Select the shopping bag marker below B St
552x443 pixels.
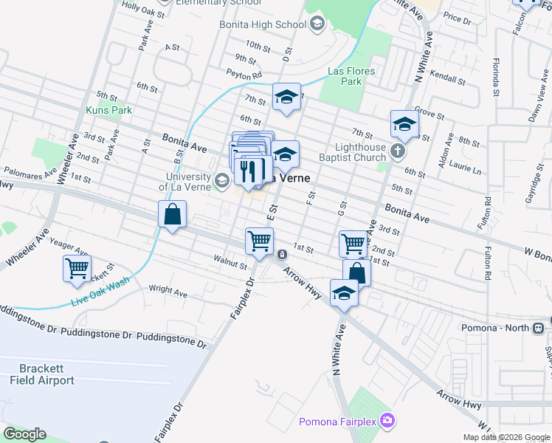172,216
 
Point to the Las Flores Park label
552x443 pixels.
351,76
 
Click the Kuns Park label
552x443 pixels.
108,110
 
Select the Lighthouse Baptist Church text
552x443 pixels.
352,152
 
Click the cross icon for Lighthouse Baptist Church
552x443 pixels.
398,152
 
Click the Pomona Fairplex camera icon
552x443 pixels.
388,422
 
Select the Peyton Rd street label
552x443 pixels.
244,75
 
